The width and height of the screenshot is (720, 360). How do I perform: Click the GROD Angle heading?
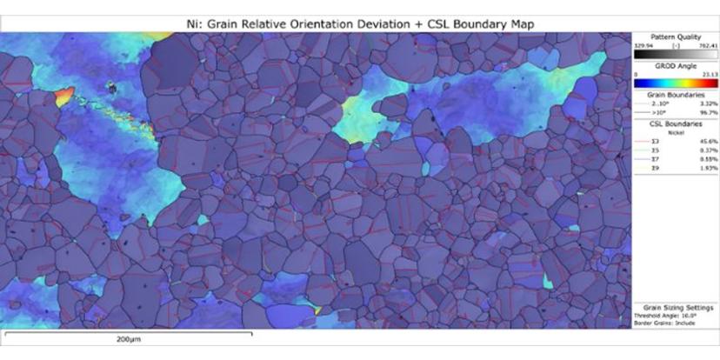[677, 66]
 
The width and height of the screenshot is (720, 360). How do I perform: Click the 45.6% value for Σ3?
[703, 141]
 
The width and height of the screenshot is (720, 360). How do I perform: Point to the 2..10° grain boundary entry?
[654, 103]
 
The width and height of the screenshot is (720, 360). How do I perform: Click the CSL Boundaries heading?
[677, 123]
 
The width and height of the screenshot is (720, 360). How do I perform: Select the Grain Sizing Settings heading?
[677, 308]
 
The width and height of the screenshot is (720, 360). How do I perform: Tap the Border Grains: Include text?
[665, 323]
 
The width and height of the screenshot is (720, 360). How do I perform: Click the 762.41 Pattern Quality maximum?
[705, 43]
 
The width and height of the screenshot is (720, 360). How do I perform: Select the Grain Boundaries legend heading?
[677, 95]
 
